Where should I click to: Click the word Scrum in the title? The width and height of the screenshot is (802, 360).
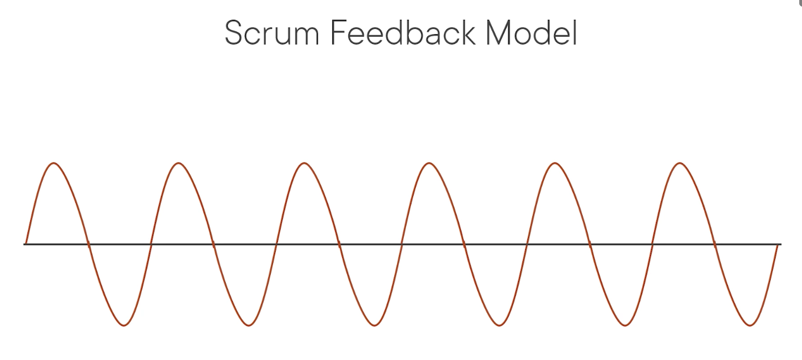[272, 34]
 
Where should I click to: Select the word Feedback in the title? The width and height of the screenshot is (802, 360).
[403, 34]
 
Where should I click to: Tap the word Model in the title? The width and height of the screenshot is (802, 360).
[531, 34]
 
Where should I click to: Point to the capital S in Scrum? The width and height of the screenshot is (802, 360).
[234, 34]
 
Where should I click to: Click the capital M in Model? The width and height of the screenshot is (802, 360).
[499, 34]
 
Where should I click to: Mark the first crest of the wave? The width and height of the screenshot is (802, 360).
[53, 163]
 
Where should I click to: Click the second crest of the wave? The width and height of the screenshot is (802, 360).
[179, 163]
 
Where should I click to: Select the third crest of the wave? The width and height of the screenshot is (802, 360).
[304, 163]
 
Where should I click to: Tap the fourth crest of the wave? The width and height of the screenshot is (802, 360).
[429, 163]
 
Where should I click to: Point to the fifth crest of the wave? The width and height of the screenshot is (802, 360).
[555, 163]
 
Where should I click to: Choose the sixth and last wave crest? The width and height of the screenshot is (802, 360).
[680, 163]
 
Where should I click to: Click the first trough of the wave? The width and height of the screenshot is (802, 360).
[124, 325]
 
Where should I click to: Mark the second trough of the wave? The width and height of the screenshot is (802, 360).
[249, 325]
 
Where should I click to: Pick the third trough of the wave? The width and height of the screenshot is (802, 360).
[375, 325]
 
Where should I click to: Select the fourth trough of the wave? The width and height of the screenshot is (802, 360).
[500, 325]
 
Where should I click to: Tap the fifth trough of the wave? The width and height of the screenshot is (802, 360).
[625, 325]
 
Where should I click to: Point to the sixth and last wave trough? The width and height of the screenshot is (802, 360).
[750, 325]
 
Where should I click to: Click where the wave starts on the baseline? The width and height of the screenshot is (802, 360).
[26, 243]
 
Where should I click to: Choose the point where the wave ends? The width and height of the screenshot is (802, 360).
[777, 245]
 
